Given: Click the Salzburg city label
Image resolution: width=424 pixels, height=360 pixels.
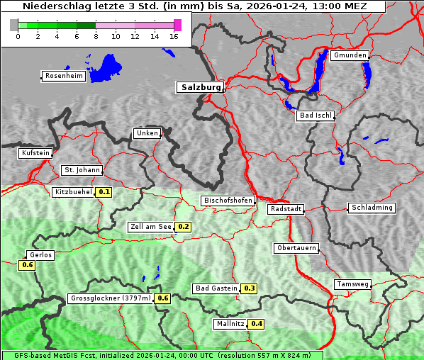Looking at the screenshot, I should click(x=199, y=87).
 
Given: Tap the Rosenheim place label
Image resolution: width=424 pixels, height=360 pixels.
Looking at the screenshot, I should click(x=63, y=76).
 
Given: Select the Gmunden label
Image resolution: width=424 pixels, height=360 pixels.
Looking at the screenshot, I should click(x=350, y=55).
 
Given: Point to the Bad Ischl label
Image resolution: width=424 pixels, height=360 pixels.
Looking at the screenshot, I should click(x=315, y=116).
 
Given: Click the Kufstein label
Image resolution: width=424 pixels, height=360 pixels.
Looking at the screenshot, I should click(x=35, y=153).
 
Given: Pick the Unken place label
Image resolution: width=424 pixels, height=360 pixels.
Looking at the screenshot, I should click(x=147, y=133).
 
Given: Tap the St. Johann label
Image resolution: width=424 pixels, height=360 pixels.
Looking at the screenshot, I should click(x=82, y=170).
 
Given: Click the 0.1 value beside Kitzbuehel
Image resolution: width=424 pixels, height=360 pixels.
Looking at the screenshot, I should click(x=104, y=192).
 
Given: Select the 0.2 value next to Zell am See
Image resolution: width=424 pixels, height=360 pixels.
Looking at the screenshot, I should click(x=183, y=227).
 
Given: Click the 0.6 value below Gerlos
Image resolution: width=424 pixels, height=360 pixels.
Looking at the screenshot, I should click(x=27, y=265).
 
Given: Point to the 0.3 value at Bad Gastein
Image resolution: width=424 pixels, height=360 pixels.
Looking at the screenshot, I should click(x=249, y=288).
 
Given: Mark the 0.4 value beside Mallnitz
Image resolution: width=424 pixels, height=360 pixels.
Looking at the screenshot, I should click(x=257, y=324).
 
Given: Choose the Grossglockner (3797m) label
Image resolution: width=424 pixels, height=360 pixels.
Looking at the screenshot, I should click(x=111, y=298).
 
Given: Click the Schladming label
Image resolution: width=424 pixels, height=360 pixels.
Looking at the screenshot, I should click(x=371, y=208).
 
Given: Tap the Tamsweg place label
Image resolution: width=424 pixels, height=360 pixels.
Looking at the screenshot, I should click(x=352, y=284).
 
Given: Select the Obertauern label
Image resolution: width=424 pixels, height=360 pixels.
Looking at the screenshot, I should click(x=296, y=248).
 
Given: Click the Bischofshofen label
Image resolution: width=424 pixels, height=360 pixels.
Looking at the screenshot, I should click(x=228, y=201).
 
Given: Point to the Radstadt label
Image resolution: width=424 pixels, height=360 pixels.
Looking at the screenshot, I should click(x=286, y=209).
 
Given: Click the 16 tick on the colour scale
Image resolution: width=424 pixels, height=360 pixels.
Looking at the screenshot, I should click(x=174, y=35).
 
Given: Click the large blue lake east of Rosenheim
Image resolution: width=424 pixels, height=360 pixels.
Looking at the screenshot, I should click(x=106, y=67).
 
